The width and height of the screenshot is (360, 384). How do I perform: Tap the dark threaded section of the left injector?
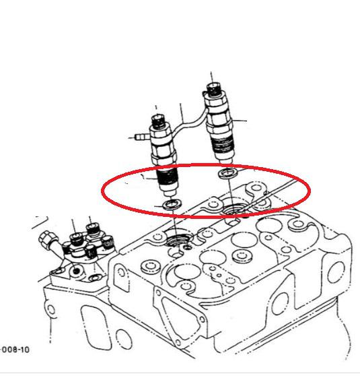point(167,177)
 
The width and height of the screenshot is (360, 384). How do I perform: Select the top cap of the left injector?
point(159,121)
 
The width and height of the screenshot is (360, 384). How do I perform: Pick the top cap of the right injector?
point(214,89)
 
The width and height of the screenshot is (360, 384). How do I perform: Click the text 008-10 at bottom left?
point(15,349)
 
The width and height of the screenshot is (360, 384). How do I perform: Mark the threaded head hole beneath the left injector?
point(178,238)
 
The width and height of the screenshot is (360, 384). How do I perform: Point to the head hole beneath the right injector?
point(233,208)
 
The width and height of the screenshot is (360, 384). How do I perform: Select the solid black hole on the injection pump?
point(77,271)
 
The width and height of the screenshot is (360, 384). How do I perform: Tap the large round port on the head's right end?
point(336,272)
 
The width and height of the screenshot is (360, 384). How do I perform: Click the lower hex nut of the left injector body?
point(164,158)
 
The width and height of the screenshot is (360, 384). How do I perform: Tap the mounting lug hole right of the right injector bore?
point(256,188)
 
